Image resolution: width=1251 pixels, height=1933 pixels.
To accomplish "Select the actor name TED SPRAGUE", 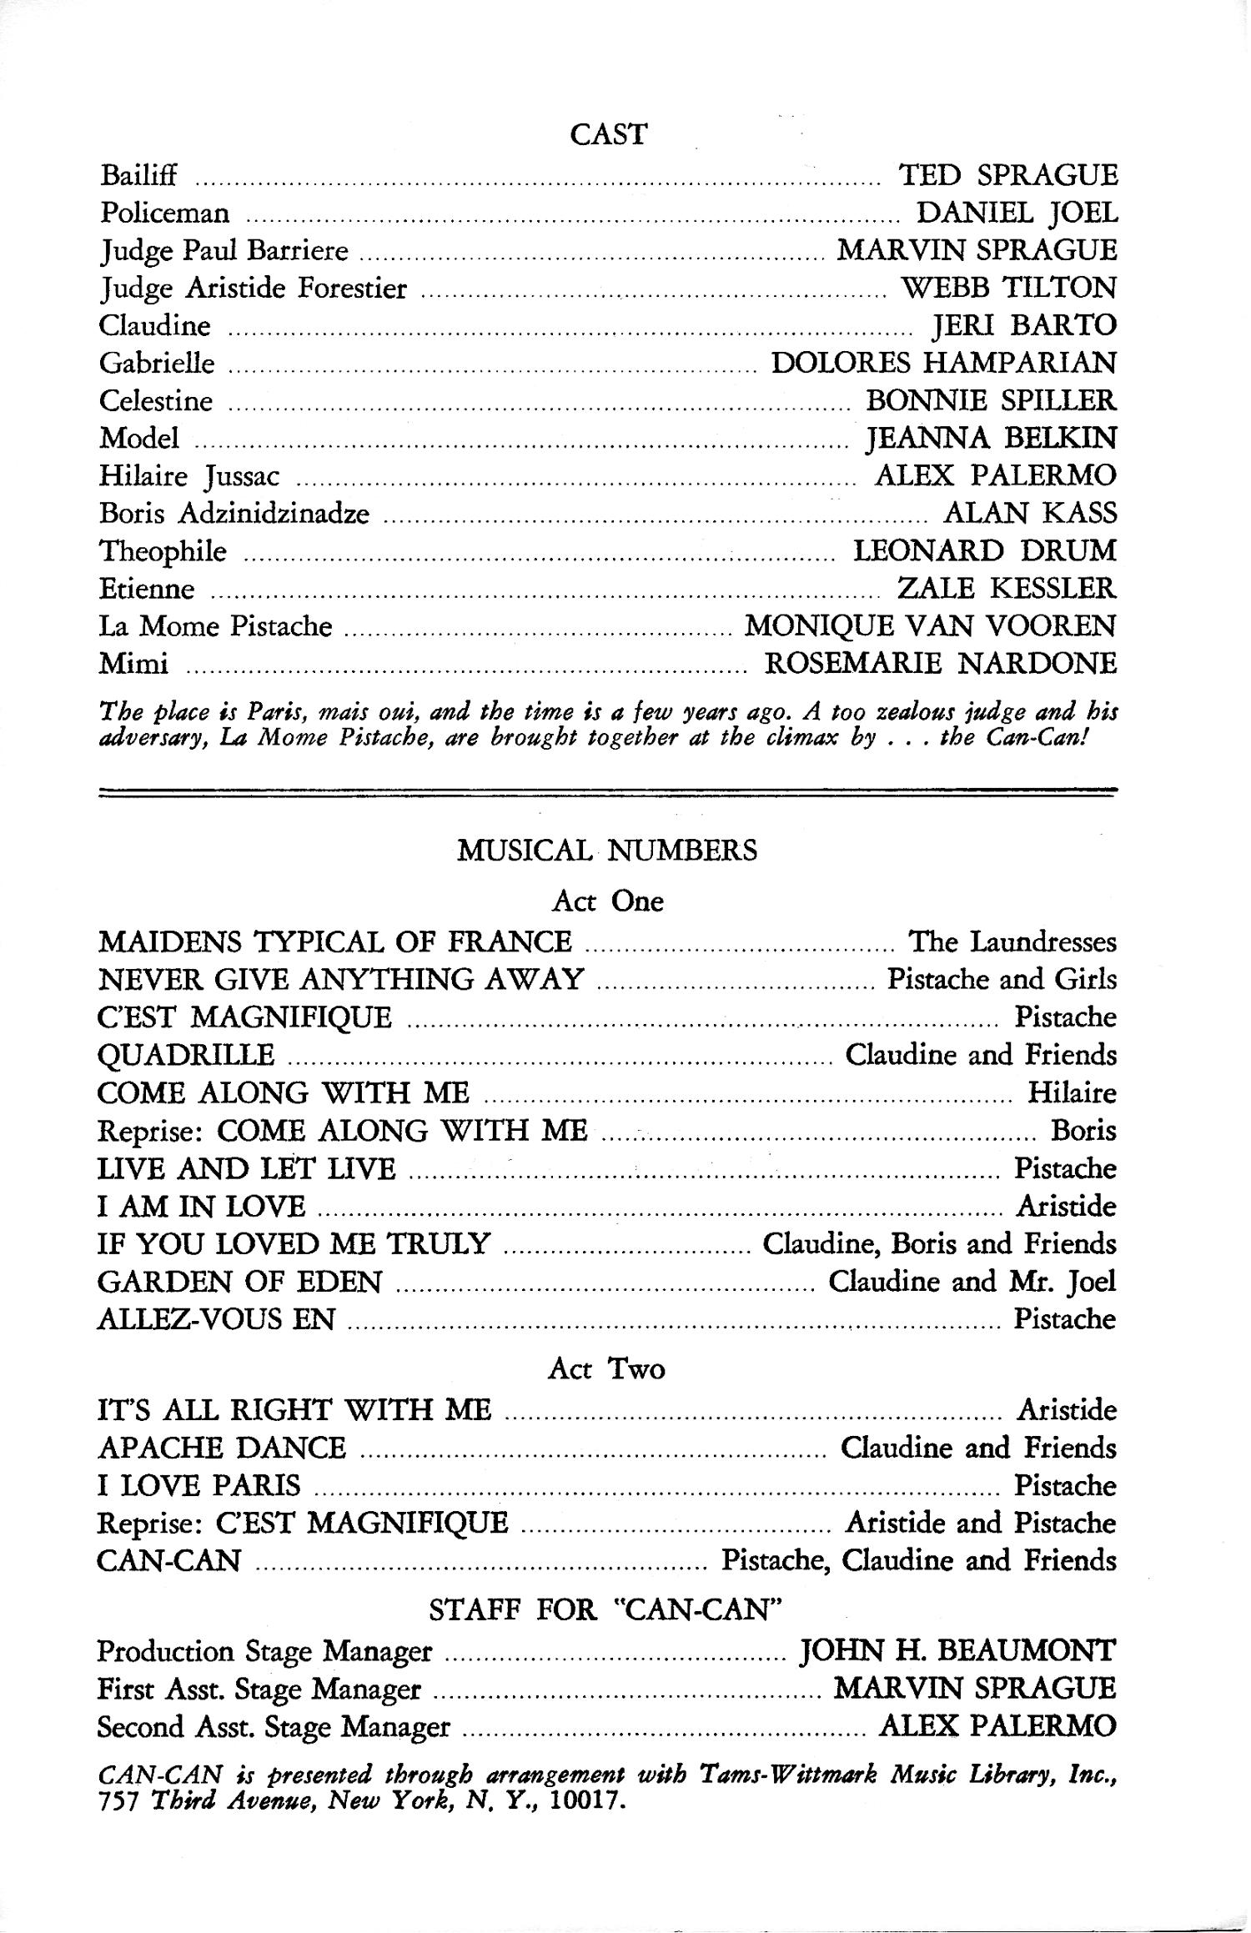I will [1007, 175].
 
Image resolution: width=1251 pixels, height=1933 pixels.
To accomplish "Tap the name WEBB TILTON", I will [1009, 288].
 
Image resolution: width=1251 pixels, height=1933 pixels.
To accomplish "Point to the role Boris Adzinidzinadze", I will [234, 513].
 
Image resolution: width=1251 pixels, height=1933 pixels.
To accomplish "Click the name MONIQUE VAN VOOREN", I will [929, 625].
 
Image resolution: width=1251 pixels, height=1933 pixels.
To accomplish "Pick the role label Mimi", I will [133, 664].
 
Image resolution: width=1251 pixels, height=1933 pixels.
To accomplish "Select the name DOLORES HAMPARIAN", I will [943, 363].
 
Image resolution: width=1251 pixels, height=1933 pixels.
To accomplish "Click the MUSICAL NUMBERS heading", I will [607, 851].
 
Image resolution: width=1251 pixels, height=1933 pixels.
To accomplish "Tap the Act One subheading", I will [607, 901].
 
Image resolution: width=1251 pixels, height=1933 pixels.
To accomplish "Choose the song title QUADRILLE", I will [186, 1055].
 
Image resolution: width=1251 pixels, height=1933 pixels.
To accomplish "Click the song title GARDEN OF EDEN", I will [240, 1281].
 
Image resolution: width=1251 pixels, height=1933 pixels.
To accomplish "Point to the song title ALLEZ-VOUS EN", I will [217, 1318].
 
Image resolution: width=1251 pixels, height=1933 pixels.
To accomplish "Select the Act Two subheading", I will [607, 1369].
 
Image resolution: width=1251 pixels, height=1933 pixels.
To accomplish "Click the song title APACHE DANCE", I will [222, 1448].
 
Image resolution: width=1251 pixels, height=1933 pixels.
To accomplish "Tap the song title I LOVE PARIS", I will [199, 1485].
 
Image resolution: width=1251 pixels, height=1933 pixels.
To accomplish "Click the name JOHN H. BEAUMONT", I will [957, 1650].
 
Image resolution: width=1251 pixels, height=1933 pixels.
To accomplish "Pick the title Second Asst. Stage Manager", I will [274, 1725].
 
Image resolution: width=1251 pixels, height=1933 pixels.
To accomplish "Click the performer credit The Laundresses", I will [1012, 942].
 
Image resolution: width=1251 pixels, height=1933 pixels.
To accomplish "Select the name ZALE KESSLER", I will [1006, 589].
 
